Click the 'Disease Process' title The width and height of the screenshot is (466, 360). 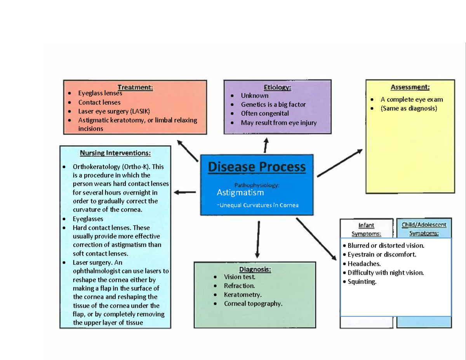pos(257,167)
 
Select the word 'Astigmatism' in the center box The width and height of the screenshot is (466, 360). pos(240,193)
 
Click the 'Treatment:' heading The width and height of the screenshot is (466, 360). pos(135,87)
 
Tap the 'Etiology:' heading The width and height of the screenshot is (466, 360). pos(277,87)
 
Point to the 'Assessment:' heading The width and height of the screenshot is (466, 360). pos(410,87)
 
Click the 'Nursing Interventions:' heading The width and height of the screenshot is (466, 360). pos(115,153)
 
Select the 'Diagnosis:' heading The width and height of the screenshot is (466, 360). pos(255,269)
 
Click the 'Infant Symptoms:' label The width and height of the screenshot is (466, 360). pos(366,230)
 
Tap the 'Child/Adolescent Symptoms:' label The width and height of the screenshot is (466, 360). pos(424,229)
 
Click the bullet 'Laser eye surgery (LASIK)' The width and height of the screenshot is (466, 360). pos(114,111)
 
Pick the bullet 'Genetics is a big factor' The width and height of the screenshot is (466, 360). pos(273,104)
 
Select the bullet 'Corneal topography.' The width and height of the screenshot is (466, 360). pos(253,304)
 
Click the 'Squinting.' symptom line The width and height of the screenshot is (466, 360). pos(362,282)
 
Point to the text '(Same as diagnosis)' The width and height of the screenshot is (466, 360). pos(409,108)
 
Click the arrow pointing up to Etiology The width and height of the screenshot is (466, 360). pos(266,146)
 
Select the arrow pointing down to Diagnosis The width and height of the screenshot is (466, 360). pos(258,239)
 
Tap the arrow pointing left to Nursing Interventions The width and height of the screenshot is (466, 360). pos(185,192)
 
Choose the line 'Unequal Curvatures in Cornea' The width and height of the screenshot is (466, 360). pos(259,205)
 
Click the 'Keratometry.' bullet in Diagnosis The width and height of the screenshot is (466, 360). pos(243,295)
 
